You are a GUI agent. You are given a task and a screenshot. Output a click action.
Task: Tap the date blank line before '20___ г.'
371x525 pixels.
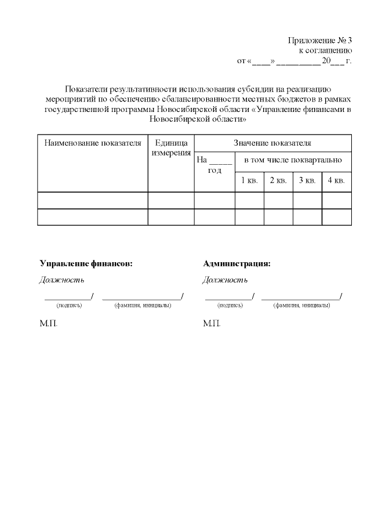pyautogui.click(x=299, y=61)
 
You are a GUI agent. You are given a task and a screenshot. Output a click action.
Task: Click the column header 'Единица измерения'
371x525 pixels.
pyautogui.click(x=171, y=147)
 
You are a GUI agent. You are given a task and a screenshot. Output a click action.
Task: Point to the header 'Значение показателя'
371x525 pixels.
pyautogui.click(x=272, y=143)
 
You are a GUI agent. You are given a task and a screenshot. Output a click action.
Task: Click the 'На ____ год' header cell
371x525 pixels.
pyautogui.click(x=214, y=165)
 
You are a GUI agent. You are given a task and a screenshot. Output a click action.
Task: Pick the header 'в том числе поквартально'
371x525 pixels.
pyautogui.click(x=293, y=159)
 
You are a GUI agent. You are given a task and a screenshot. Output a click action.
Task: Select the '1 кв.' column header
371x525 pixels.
pyautogui.click(x=249, y=180)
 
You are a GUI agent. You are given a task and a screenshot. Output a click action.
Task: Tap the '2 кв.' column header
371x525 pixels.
pyautogui.click(x=278, y=180)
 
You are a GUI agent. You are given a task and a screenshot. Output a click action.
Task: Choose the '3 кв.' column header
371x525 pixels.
pyautogui.click(x=307, y=180)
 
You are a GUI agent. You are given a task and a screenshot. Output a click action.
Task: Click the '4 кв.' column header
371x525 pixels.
pyautogui.click(x=336, y=180)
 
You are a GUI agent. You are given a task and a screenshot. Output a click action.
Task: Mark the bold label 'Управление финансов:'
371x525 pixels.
pyautogui.click(x=86, y=263)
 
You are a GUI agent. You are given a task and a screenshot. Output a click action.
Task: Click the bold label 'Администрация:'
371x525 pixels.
pyautogui.click(x=237, y=263)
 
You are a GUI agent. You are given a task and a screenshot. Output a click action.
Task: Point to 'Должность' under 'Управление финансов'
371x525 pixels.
pyautogui.click(x=61, y=280)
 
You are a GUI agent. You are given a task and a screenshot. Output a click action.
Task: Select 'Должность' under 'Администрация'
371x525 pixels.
pyautogui.click(x=225, y=280)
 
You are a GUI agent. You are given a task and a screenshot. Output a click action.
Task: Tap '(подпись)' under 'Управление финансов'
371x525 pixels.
pyautogui.click(x=69, y=305)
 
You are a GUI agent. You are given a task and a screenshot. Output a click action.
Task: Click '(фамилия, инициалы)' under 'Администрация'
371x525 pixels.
pyautogui.click(x=301, y=305)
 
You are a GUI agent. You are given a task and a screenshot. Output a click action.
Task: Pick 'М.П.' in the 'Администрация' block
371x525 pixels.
pyautogui.click(x=212, y=323)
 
